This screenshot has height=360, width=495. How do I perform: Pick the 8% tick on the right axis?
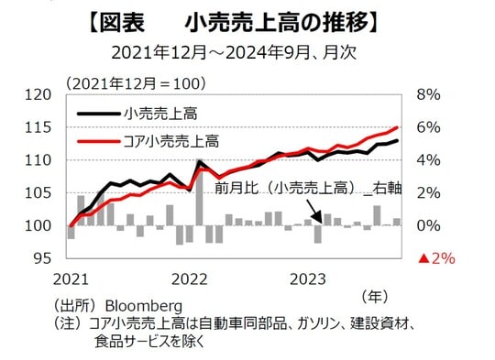point(429,94)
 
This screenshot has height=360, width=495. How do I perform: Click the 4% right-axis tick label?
point(429,160)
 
